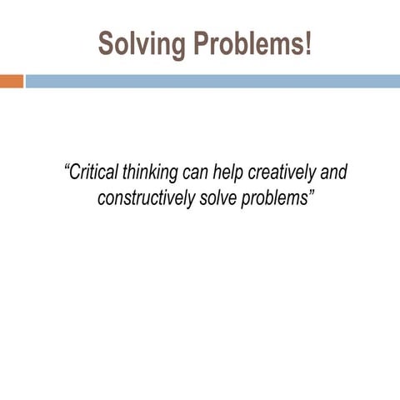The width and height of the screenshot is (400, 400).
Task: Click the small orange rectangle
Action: point(12,81)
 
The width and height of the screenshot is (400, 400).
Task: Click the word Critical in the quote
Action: point(94,173)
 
